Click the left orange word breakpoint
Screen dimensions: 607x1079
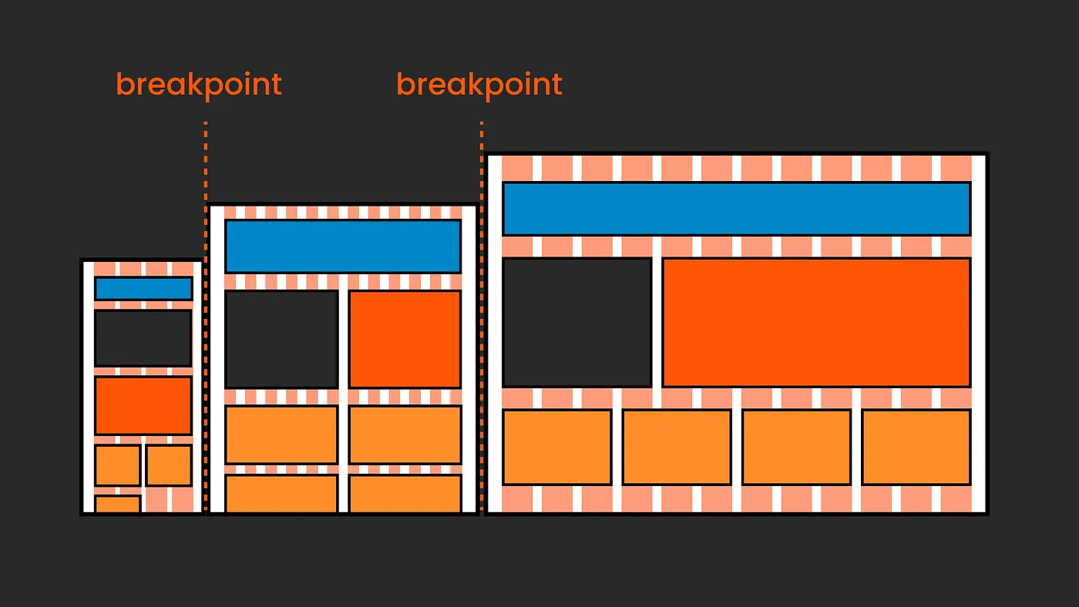[x=199, y=85]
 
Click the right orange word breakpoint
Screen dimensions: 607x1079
[x=479, y=85]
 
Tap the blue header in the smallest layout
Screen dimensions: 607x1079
[x=143, y=289]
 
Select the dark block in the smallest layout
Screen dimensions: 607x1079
[x=143, y=338]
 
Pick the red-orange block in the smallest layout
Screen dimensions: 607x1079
[x=143, y=405]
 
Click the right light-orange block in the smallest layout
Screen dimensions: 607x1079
[x=169, y=465]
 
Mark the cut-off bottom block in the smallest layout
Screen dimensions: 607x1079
[x=118, y=505]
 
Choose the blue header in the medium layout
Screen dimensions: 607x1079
[x=343, y=246]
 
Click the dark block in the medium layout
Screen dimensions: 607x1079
[x=282, y=339]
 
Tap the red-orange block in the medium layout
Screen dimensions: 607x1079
[x=405, y=339]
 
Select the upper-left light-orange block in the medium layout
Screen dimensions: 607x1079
[x=282, y=434]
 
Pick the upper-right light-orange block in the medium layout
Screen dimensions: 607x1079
[x=405, y=434]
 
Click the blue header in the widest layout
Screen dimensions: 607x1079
[x=736, y=209]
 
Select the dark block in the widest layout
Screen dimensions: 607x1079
[x=577, y=322]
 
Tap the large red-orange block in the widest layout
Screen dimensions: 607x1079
[x=816, y=322]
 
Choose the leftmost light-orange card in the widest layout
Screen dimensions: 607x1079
[x=557, y=447]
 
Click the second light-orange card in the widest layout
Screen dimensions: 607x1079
[x=677, y=447]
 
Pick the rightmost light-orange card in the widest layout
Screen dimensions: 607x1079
[x=916, y=447]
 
